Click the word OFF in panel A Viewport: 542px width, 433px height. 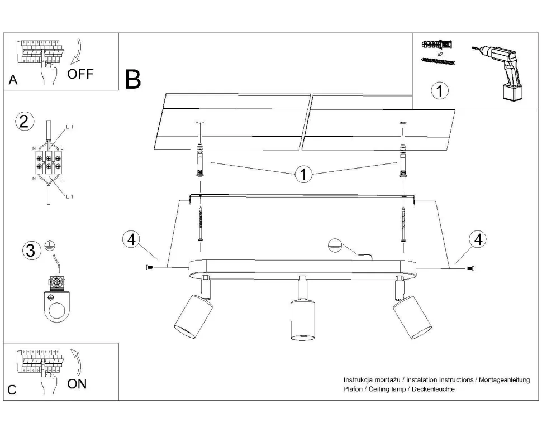tap(80, 74)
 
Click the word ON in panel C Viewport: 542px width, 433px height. tap(77, 383)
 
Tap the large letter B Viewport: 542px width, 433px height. tap(133, 80)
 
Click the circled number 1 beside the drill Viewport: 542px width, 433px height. tap(440, 90)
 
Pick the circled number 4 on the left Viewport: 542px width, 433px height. tap(131, 239)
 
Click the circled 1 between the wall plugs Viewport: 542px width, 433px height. tap(303, 175)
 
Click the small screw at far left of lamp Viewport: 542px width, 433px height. tap(148, 269)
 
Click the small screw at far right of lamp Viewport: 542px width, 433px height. tap(470, 269)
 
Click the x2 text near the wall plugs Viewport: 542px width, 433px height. tap(440, 55)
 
